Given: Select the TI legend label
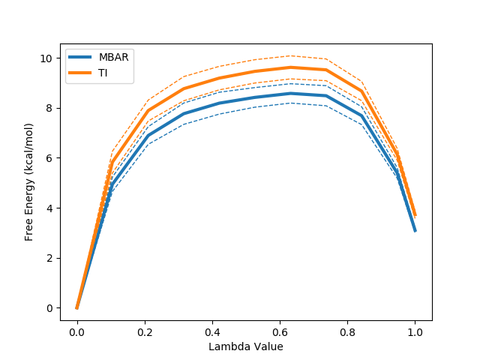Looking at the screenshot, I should pyautogui.click(x=103, y=72).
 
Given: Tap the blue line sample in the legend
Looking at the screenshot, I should pyautogui.click(x=81, y=58).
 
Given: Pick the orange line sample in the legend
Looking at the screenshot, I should pyautogui.click(x=81, y=72).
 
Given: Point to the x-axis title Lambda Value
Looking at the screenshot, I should pyautogui.click(x=246, y=346).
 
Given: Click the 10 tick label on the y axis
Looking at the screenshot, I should pyautogui.click(x=46, y=58).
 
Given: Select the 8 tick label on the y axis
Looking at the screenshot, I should pyautogui.click(x=49, y=108).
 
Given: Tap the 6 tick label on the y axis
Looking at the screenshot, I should pyautogui.click(x=49, y=158).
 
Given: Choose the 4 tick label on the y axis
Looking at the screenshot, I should pyautogui.click(x=49, y=208).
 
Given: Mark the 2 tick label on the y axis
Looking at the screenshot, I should pyautogui.click(x=49, y=258).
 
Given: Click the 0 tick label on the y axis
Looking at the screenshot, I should pyautogui.click(x=49, y=308).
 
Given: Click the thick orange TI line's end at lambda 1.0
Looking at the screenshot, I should pyautogui.click(x=415, y=216).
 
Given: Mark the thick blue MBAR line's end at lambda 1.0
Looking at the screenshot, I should pyautogui.click(x=415, y=231).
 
